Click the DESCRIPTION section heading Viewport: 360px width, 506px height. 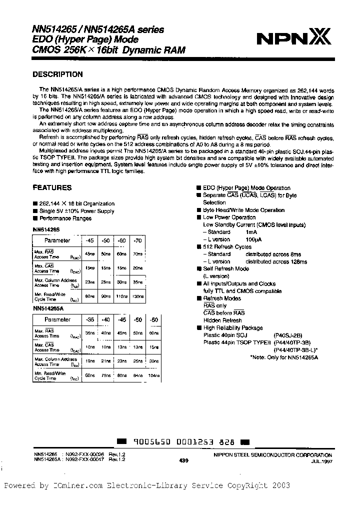(57, 74)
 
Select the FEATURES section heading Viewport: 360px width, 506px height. (52, 188)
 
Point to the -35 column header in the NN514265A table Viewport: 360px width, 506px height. (90, 319)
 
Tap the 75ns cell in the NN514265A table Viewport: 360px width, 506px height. (106, 375)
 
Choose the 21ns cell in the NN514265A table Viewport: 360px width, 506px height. (106, 360)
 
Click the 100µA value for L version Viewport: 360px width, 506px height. (253, 239)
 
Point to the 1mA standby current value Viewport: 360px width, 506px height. (251, 232)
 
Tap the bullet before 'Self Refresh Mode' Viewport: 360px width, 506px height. (198, 269)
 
